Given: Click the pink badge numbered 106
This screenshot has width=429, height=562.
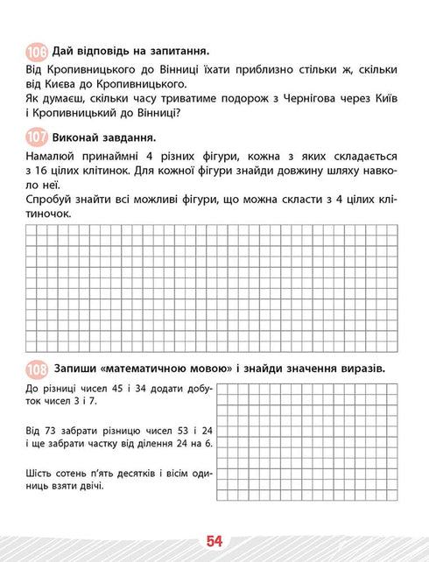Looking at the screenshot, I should coord(37,52).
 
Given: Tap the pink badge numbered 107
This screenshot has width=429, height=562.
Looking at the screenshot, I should coord(37,137).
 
